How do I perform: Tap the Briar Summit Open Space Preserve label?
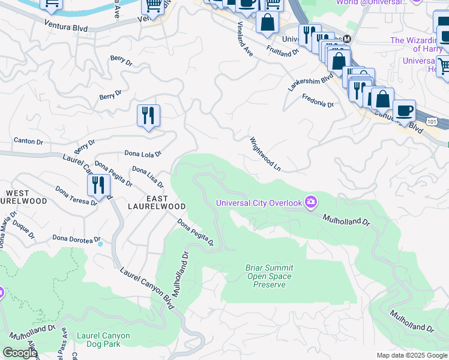(x=268, y=276)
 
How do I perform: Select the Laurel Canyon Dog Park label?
(x=98, y=340)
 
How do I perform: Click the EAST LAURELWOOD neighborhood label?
(x=157, y=202)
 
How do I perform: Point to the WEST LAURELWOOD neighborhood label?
(x=26, y=197)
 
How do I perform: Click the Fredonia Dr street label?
(x=318, y=100)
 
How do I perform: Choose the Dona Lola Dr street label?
(x=143, y=154)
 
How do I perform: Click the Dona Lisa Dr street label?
(x=148, y=177)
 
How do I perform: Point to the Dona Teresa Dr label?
(x=76, y=196)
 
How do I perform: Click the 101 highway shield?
(x=432, y=121)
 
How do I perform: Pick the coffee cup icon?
(x=404, y=110)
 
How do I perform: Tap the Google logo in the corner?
(x=19, y=353)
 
